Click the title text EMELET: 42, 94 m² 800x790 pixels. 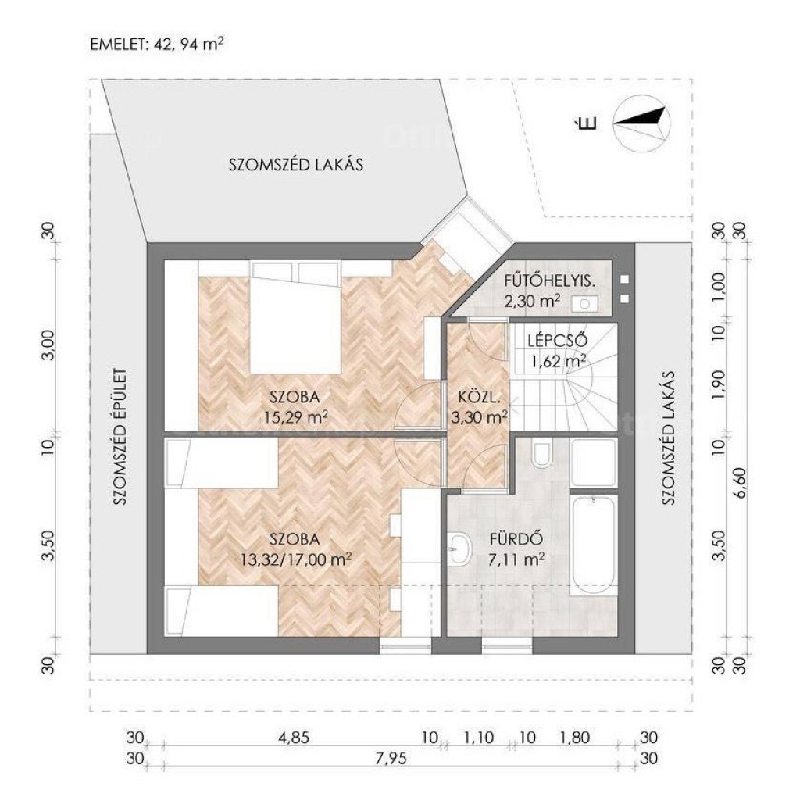click(x=156, y=44)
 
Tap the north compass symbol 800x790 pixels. click(x=642, y=123)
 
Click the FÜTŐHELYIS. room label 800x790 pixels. click(x=550, y=281)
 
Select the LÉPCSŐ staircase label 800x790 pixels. click(x=558, y=341)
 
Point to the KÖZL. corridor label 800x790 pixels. click(x=476, y=397)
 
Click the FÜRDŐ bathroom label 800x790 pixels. click(x=516, y=539)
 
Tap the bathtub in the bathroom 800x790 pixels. click(x=595, y=545)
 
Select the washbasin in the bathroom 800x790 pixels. click(x=460, y=549)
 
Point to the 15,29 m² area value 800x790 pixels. click(x=296, y=417)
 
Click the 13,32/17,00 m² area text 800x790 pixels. click(x=296, y=559)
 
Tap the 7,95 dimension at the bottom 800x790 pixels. click(x=391, y=759)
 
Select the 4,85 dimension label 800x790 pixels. click(x=293, y=738)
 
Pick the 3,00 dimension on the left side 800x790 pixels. click(x=48, y=345)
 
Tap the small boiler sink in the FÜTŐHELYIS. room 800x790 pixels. click(x=584, y=304)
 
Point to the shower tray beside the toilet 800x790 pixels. click(x=595, y=463)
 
